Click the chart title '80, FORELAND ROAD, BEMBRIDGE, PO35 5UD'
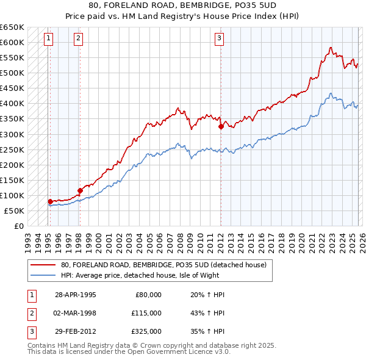pos(182,5)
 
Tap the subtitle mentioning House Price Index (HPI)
pos(182,16)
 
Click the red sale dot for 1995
pos(50,201)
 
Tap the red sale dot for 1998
pos(80,190)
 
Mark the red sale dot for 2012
pos(221,126)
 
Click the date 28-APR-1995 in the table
pos(76,295)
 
